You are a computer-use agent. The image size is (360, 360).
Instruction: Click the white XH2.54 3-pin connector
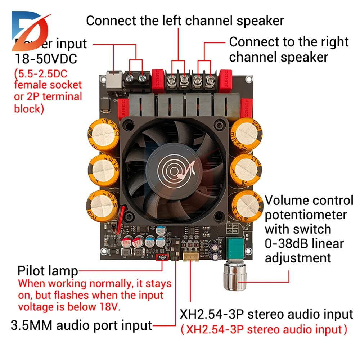click(190, 256)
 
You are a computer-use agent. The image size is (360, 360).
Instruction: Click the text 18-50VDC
click(46, 58)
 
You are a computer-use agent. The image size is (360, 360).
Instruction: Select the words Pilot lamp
click(48, 271)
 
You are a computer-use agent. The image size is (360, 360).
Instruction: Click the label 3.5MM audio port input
click(82, 325)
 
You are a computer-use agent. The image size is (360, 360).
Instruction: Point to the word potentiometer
click(306, 215)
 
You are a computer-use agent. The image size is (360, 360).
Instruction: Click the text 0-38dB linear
click(304, 244)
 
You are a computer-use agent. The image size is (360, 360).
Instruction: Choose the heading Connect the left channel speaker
click(185, 21)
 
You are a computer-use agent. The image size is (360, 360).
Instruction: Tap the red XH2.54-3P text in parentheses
click(264, 329)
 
